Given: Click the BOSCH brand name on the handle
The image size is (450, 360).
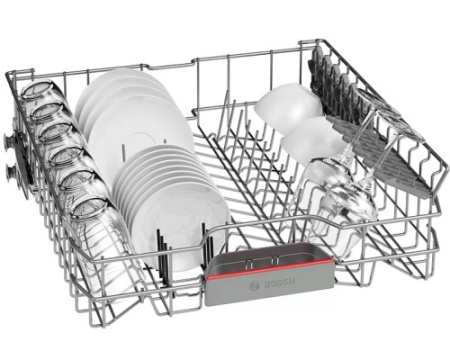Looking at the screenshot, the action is pyautogui.click(x=279, y=282).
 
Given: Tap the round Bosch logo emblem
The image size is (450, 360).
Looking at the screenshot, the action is pyautogui.click(x=254, y=286).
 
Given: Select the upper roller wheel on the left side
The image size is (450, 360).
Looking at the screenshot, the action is pyautogui.click(x=9, y=139).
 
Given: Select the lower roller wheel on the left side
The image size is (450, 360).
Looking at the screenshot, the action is pyautogui.click(x=11, y=172).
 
